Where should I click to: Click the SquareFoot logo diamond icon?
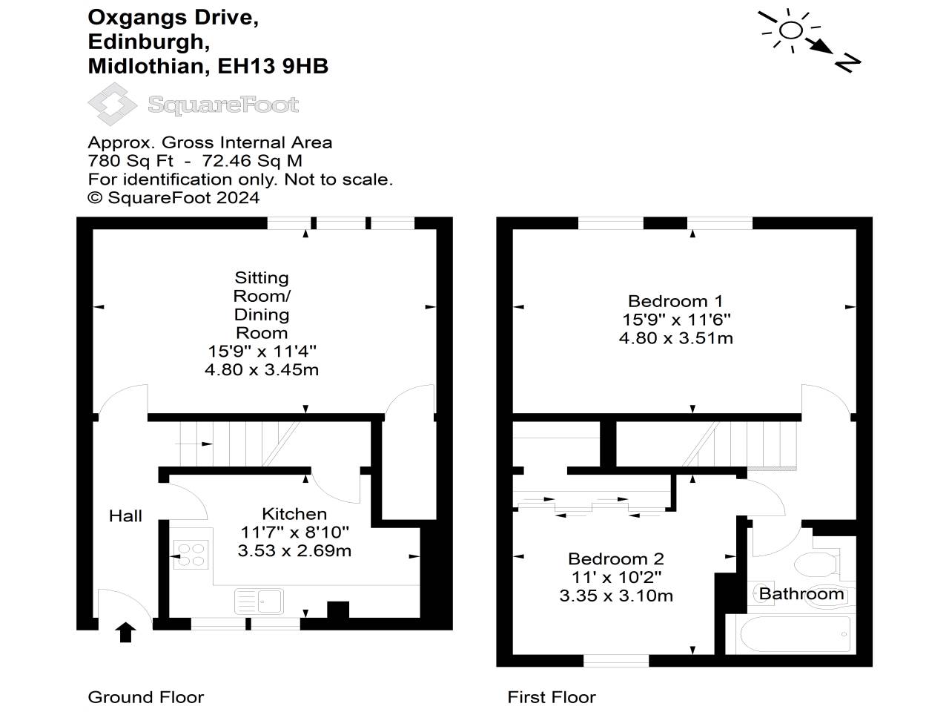pyautogui.click(x=112, y=105)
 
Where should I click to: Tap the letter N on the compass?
pyautogui.click(x=847, y=63)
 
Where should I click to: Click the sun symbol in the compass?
pyautogui.click(x=791, y=30)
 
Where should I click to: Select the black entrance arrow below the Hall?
pyautogui.click(x=125, y=632)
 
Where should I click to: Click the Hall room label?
pyautogui.click(x=125, y=516)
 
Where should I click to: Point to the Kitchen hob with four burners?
pyautogui.click(x=191, y=554)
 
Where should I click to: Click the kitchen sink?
pyautogui.click(x=259, y=601)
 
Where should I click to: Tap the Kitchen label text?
pyautogui.click(x=294, y=514)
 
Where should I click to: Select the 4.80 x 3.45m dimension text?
pyautogui.click(x=262, y=369)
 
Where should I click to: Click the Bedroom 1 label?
pyautogui.click(x=675, y=301)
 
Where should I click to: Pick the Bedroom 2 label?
pyautogui.click(x=615, y=559)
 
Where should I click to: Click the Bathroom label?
pyautogui.click(x=801, y=594)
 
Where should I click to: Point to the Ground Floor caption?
pyautogui.click(x=145, y=697)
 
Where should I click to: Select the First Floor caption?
pyautogui.click(x=552, y=697)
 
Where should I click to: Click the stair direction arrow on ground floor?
pyautogui.click(x=194, y=444)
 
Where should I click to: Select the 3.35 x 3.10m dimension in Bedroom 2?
pyautogui.click(x=615, y=596)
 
